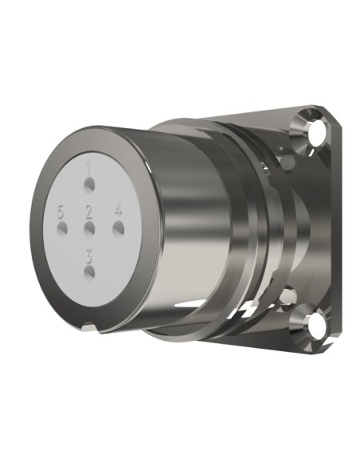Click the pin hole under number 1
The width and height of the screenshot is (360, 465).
(89, 186)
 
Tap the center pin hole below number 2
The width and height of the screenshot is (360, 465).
(89, 228)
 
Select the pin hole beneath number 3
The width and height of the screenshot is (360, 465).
(89, 272)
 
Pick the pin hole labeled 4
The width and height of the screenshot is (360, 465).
(119, 228)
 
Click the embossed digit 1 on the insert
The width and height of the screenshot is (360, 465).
(89, 167)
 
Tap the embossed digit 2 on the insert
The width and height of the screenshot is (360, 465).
(89, 211)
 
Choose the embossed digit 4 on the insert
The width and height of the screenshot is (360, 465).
(119, 210)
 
